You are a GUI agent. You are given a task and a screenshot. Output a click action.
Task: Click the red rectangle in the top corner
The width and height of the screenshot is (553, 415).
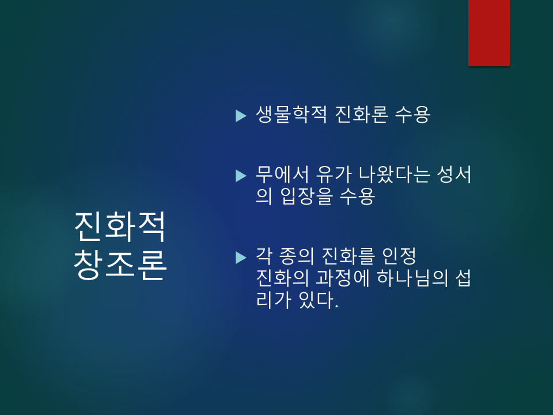click(489, 33)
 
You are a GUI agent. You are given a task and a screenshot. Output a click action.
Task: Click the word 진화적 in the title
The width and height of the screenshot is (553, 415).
click(120, 227)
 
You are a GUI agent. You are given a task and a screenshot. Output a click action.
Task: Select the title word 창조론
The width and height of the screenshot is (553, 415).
click(120, 265)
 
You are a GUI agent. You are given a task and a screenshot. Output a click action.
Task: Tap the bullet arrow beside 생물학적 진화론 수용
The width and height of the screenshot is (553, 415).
click(241, 116)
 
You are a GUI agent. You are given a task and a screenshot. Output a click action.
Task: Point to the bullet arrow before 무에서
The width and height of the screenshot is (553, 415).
click(241, 176)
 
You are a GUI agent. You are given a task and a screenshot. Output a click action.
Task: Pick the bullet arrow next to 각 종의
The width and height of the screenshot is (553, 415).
click(241, 258)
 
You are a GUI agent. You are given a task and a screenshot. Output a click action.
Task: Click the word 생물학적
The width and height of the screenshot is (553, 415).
click(291, 114)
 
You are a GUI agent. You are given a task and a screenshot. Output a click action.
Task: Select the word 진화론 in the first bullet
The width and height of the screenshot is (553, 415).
click(362, 114)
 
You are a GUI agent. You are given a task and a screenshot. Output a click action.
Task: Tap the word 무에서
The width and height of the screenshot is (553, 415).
click(282, 174)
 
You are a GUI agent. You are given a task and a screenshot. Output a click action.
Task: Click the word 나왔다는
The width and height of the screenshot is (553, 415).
click(394, 174)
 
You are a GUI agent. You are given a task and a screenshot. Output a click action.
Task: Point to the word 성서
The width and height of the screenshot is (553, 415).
click(454, 174)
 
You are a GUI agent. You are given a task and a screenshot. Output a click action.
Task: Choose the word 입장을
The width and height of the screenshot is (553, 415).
click(306, 196)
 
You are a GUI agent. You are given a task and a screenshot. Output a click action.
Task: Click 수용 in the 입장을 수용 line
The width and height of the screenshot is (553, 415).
click(357, 196)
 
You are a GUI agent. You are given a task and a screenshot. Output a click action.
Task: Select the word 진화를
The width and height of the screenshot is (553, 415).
click(348, 256)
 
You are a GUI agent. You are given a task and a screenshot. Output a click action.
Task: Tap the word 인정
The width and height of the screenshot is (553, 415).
click(399, 256)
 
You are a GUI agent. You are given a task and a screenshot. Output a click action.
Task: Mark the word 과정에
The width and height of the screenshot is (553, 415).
click(342, 278)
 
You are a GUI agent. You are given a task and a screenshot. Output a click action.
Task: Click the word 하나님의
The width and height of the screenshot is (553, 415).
click(412, 278)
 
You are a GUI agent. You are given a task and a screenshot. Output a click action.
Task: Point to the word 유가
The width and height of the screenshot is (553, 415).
click(334, 174)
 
